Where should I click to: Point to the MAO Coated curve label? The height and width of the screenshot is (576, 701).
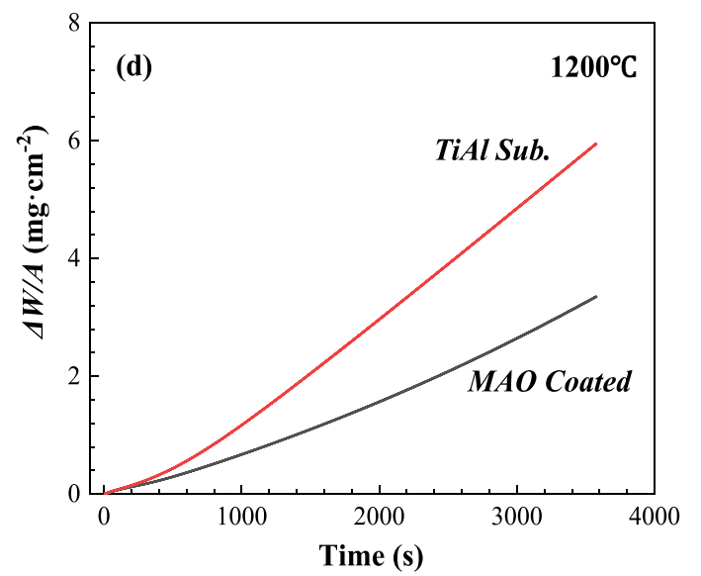click(549, 382)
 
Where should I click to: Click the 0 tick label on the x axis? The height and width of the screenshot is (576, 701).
click(105, 517)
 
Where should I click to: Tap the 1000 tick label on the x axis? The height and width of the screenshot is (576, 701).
click(242, 517)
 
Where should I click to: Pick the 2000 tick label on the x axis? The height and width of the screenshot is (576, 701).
click(380, 517)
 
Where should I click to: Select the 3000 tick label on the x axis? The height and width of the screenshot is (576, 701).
click(517, 517)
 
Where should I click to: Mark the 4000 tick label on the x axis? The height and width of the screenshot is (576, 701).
click(655, 517)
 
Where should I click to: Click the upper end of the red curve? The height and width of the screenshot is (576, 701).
click(596, 144)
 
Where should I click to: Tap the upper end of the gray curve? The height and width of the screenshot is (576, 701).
click(596, 297)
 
